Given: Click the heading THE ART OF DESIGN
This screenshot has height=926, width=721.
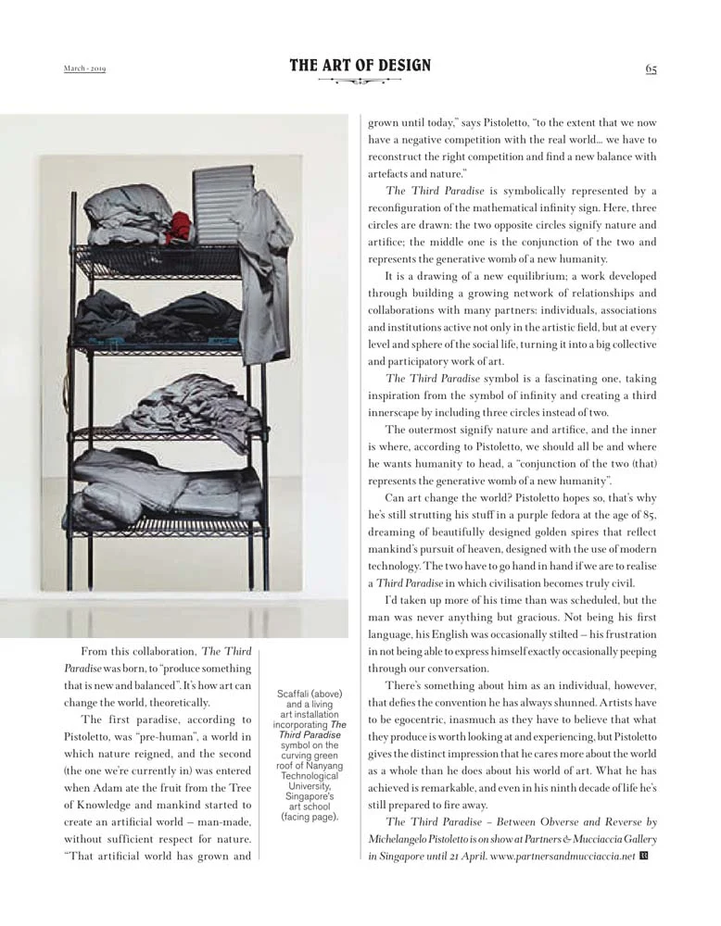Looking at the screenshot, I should tap(360, 66).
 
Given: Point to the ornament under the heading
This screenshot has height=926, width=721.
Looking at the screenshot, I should tap(360, 81).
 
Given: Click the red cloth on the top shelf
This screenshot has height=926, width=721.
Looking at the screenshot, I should tap(180, 226).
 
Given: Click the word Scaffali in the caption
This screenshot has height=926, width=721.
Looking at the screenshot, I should tap(295, 694).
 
